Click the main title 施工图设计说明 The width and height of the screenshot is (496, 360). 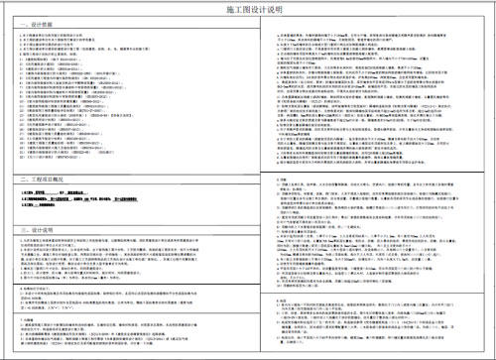point(248,9)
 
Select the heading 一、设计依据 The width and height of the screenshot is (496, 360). point(26,22)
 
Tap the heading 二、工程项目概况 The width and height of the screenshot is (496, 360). point(33,179)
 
